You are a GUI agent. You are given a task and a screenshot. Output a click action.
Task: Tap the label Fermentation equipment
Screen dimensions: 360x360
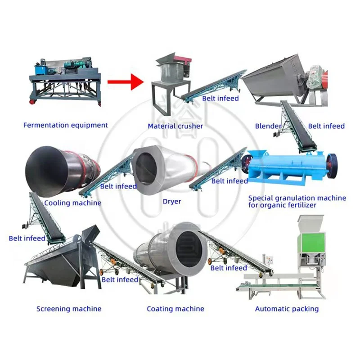click(66, 125)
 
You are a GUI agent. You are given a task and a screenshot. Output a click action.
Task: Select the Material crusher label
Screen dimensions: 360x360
click(175, 126)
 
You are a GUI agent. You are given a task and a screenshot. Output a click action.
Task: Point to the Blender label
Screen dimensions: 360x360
click(268, 126)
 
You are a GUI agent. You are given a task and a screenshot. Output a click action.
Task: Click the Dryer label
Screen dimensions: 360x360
click(172, 201)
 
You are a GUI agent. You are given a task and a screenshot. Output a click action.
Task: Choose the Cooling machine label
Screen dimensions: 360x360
click(73, 202)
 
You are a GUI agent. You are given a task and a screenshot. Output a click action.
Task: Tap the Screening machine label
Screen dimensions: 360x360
click(69, 309)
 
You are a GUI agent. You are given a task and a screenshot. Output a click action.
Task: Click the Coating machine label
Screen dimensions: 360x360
click(175, 309)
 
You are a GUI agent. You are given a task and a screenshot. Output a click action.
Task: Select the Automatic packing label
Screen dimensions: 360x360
click(287, 309)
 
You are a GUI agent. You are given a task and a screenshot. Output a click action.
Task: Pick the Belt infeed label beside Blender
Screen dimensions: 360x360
click(326, 126)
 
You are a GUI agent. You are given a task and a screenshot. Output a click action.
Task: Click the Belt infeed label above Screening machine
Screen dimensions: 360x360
click(27, 238)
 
